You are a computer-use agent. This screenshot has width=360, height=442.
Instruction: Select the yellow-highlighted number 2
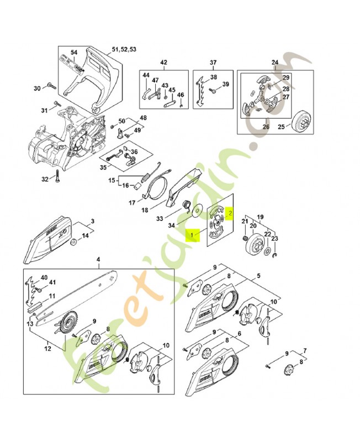[231, 211]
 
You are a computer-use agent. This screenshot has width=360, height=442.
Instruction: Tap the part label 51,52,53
[124, 50]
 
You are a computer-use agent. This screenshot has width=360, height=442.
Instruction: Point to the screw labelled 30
[51, 86]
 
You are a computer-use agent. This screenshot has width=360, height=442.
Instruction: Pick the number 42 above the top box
[163, 62]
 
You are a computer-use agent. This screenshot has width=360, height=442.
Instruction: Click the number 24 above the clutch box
[274, 62]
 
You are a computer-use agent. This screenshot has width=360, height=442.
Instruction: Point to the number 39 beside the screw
[225, 85]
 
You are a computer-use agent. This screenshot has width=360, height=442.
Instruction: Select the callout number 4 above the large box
[98, 259]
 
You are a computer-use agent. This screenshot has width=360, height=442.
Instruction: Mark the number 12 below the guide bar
[47, 349]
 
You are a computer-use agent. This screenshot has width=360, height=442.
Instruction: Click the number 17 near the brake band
[132, 203]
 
